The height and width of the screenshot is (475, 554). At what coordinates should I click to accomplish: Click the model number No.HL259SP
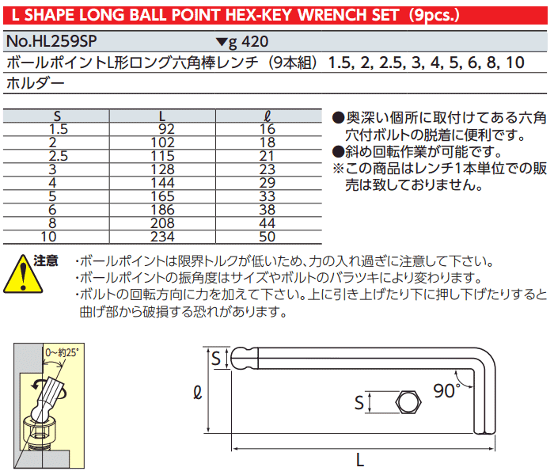click(x=51, y=41)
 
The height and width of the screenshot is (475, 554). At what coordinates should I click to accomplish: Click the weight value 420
click(x=255, y=42)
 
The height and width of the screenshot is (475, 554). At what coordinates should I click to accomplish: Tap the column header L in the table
click(x=162, y=116)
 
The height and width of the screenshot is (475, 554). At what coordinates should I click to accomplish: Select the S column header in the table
click(x=57, y=116)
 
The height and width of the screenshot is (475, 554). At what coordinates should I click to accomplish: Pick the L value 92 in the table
click(x=166, y=129)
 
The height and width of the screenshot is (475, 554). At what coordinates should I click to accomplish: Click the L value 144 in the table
click(x=162, y=183)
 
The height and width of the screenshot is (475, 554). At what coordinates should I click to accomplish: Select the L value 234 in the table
click(x=162, y=237)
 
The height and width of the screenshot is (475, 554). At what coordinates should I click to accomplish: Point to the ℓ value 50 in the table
click(x=268, y=237)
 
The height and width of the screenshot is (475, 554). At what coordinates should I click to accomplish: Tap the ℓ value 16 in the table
click(x=268, y=129)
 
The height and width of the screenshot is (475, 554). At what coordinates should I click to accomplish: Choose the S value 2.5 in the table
click(x=59, y=156)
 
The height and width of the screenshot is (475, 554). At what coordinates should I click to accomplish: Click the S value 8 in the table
click(x=52, y=223)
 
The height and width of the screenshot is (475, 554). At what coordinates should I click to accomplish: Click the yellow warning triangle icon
click(x=23, y=274)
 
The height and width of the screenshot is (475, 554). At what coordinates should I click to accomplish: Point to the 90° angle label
click(x=447, y=391)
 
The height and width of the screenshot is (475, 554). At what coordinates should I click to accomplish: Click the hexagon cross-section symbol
click(x=408, y=402)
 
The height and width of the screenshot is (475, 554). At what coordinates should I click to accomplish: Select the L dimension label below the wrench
click(x=359, y=460)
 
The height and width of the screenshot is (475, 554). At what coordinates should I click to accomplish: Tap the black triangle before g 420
click(x=222, y=42)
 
